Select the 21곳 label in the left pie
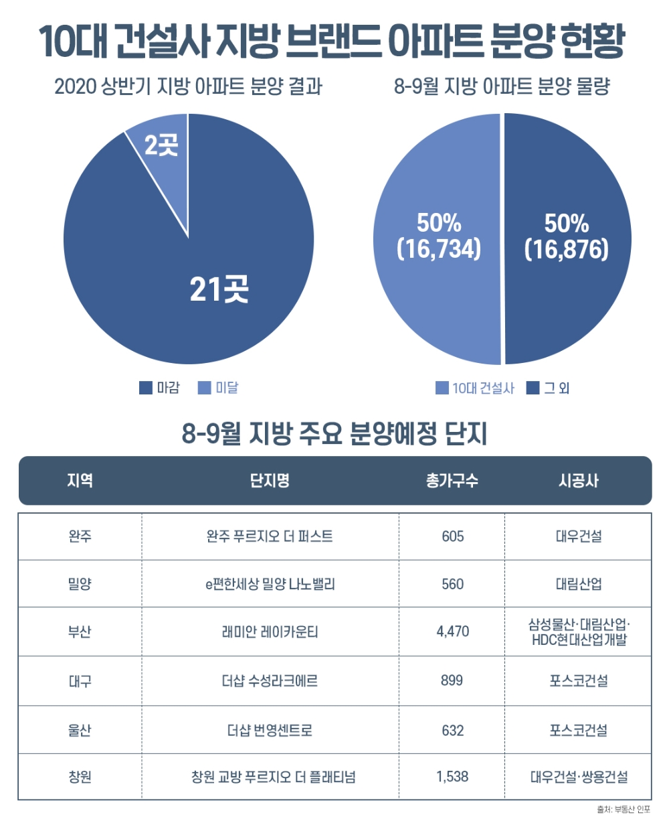(x=219, y=289)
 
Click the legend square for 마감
(x=146, y=388)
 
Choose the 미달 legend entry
(x=218, y=388)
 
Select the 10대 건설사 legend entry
(x=475, y=388)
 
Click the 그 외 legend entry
(x=548, y=388)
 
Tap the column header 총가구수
(x=452, y=480)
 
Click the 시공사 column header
(x=578, y=480)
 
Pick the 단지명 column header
(x=270, y=480)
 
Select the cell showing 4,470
(x=452, y=631)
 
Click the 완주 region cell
(x=80, y=536)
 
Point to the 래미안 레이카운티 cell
(x=270, y=631)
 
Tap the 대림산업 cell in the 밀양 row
(x=578, y=584)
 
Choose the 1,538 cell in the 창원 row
(x=452, y=777)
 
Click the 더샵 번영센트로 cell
(x=270, y=729)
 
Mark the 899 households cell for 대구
(x=452, y=680)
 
